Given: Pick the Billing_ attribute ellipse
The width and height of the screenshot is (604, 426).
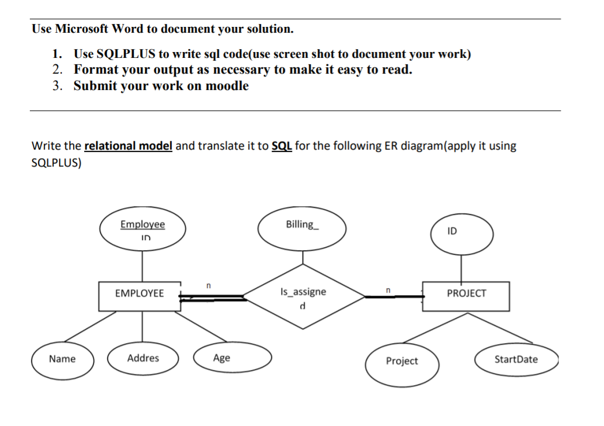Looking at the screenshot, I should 302,230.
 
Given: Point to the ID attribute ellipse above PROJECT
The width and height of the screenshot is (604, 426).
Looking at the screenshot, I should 461,234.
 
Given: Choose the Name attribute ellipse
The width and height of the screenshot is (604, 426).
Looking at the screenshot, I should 62,359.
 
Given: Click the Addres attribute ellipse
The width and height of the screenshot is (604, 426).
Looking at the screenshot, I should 143,358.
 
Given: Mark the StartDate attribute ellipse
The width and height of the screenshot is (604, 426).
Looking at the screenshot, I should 516,359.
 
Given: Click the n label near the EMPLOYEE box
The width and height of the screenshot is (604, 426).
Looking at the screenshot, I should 207,286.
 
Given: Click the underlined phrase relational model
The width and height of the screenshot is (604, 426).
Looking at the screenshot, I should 129,146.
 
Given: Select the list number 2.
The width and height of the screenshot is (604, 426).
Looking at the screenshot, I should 57,70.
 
